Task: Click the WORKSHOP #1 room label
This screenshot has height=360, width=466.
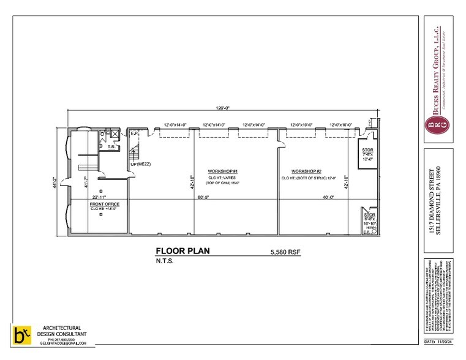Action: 222,171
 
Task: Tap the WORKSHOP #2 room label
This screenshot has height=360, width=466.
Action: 307,171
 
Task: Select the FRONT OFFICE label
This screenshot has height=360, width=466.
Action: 105,204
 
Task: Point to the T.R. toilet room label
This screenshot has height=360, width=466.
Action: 113,147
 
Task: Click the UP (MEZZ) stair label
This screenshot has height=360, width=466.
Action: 140,165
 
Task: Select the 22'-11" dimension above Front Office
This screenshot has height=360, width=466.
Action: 100,197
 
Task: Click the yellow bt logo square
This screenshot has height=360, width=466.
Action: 21,335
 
